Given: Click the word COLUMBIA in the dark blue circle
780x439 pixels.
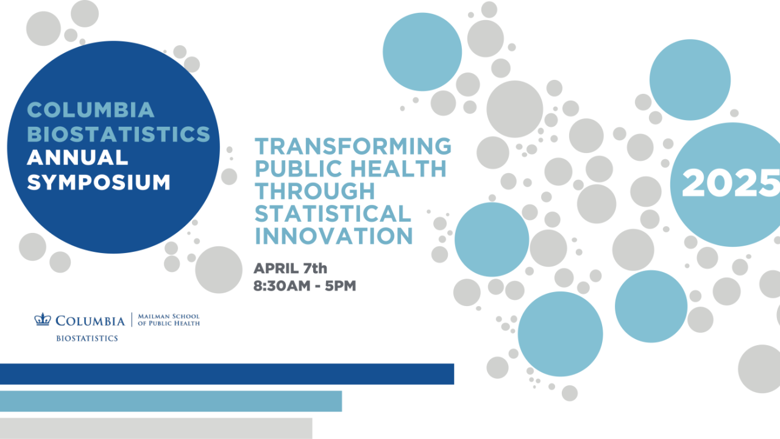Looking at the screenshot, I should click(91, 110).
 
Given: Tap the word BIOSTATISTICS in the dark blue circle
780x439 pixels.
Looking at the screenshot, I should click(119, 134).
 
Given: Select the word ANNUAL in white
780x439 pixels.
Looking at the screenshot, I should click(77, 157).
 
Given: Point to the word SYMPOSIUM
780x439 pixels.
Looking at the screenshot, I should click(99, 182).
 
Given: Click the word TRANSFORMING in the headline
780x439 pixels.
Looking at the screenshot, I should click(353, 146).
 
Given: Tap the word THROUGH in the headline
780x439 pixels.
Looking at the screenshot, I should click(314, 191).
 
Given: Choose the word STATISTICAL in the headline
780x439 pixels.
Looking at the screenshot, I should click(333, 213).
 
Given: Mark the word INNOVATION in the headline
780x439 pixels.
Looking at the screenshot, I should click(334, 236).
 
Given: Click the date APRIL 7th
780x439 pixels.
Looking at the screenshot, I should click(291, 268).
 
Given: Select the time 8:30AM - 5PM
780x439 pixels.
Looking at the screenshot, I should click(305, 285).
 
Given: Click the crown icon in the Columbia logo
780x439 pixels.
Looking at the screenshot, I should click(42, 319).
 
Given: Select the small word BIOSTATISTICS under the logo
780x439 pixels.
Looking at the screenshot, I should click(87, 338).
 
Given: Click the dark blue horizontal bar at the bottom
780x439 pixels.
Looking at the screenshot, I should click(227, 374).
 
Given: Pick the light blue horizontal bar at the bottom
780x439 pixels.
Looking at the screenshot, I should click(171, 401).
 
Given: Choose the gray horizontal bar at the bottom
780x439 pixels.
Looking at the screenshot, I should click(156, 428).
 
